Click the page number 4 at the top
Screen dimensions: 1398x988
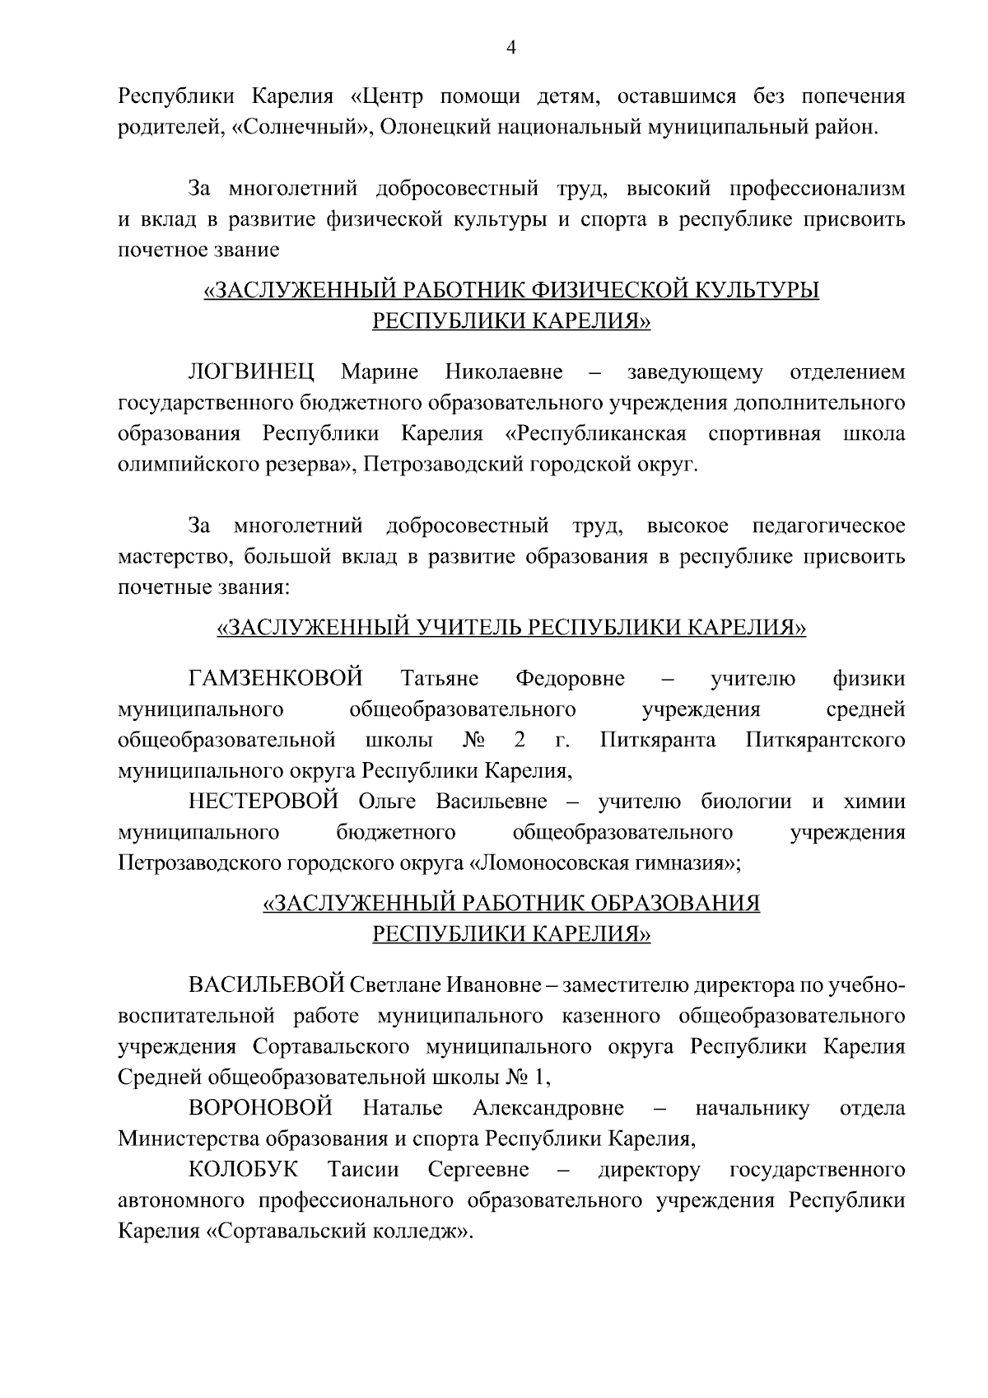[x=510, y=49]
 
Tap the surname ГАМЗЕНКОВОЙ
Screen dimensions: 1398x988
[x=276, y=679]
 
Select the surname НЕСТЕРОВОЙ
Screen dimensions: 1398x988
[x=263, y=802]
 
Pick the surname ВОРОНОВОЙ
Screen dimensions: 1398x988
[x=260, y=1108]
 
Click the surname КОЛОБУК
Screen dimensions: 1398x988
[x=243, y=1170]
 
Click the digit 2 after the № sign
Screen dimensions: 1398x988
[x=520, y=740]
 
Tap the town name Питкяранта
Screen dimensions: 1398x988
[x=659, y=740]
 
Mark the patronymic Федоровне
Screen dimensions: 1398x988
[x=570, y=679]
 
